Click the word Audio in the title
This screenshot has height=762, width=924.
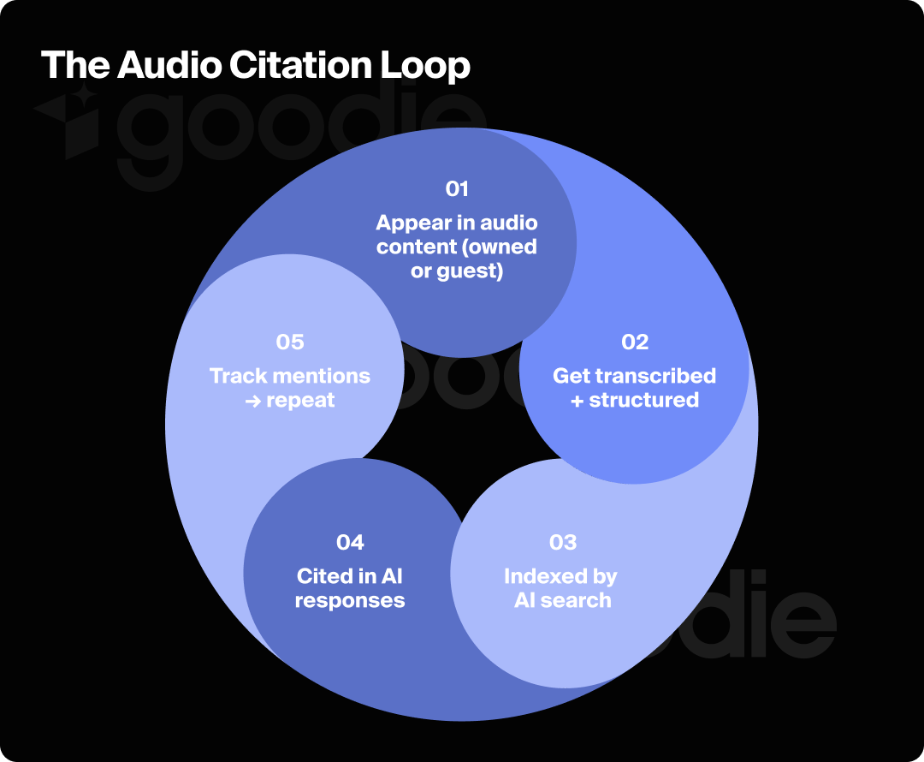(158, 66)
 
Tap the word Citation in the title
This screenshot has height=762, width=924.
(295, 66)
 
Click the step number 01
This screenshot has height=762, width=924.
(457, 188)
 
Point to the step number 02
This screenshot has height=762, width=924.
(635, 342)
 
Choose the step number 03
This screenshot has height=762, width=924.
(563, 542)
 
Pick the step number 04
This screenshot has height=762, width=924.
(350, 542)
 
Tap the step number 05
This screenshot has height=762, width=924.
(290, 342)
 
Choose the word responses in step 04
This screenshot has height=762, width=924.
(350, 600)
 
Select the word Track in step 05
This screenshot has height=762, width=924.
(239, 376)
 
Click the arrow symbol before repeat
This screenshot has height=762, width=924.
(253, 401)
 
